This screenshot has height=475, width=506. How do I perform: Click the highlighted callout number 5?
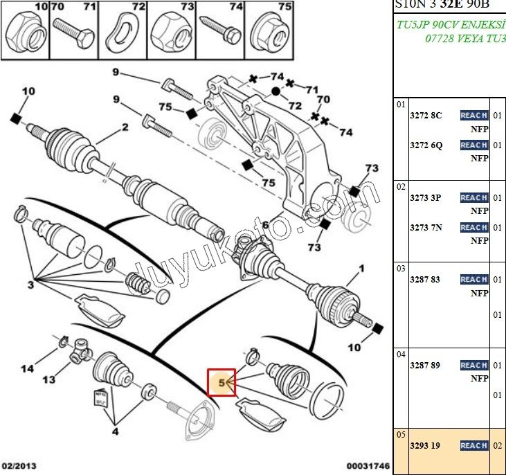(222, 382)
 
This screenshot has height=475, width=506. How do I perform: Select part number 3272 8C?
(426, 116)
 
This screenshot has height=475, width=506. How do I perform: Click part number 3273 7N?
(426, 228)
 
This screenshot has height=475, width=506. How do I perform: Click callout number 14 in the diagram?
(27, 369)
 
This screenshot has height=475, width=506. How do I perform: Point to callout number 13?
(48, 379)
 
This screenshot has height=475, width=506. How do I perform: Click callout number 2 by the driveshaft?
(125, 127)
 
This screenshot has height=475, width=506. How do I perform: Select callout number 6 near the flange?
(264, 225)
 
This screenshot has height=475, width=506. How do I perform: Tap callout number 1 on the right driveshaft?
(359, 267)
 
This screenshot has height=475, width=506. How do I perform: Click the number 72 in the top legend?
(138, 7)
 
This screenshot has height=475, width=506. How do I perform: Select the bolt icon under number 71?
(74, 30)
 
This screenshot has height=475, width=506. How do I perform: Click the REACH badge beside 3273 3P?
(474, 198)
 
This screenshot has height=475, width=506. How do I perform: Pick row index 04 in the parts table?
(400, 355)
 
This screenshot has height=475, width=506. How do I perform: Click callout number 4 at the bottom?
(116, 432)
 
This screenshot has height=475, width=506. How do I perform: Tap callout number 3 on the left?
(30, 285)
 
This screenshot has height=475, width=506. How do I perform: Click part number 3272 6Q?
(426, 145)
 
